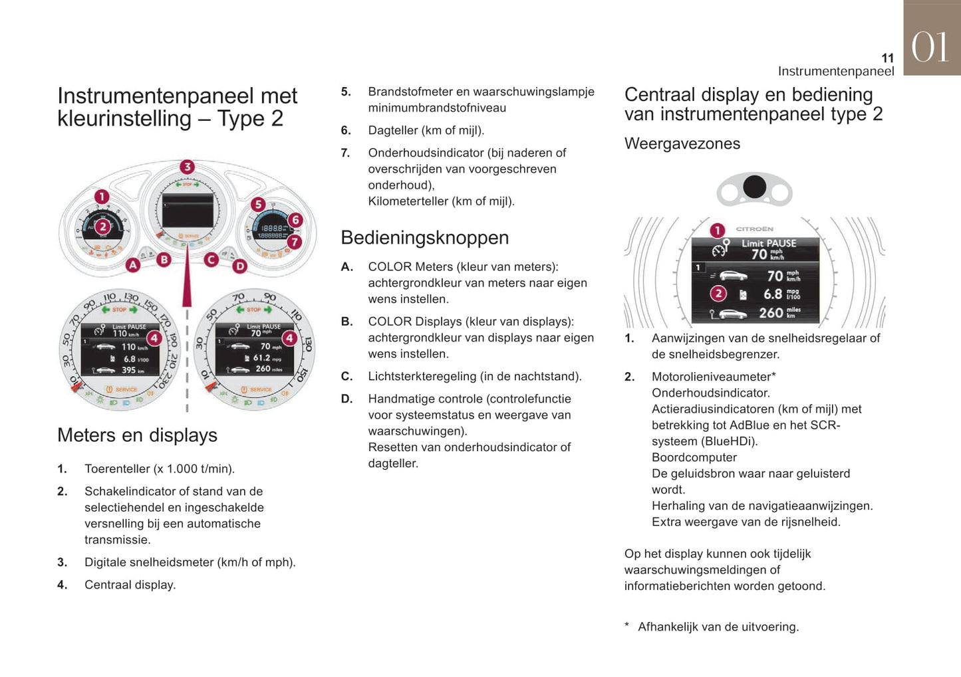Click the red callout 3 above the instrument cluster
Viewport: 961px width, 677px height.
[187, 167]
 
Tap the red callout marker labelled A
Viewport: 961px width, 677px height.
[133, 265]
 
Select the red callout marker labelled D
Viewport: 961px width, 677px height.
[239, 266]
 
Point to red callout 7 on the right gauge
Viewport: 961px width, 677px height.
[295, 242]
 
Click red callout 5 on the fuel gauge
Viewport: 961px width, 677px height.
[258, 205]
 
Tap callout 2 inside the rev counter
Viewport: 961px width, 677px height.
[102, 227]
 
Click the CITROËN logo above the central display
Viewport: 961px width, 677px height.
[754, 229]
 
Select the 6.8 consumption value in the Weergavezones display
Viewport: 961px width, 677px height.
[773, 294]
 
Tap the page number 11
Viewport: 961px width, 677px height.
[887, 58]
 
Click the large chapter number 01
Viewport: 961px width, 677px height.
[930, 48]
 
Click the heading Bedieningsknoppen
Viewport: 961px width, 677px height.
[424, 238]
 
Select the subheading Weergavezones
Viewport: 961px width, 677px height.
[682, 144]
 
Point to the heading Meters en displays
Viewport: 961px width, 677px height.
[137, 435]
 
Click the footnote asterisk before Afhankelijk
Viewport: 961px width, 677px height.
[626, 626]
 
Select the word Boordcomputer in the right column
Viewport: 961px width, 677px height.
[694, 458]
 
